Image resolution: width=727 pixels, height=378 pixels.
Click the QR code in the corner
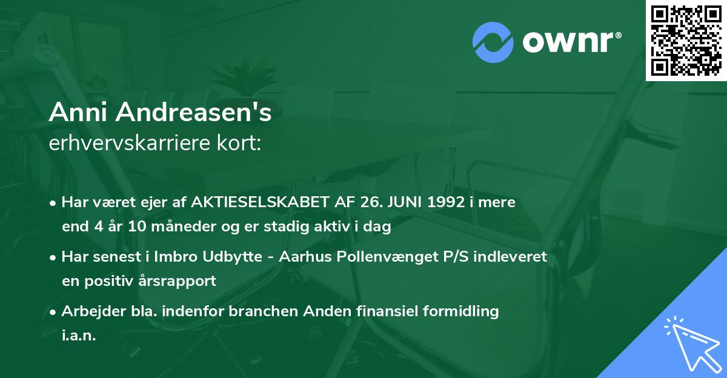[686, 40]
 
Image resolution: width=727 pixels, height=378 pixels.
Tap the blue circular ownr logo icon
[493, 42]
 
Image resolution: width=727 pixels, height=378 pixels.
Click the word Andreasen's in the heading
[188, 113]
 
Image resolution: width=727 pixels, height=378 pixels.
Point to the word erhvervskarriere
[128, 143]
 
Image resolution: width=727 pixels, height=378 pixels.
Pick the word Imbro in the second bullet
[175, 257]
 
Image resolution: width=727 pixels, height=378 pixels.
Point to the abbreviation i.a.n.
[79, 336]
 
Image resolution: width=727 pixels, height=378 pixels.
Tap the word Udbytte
[230, 257]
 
